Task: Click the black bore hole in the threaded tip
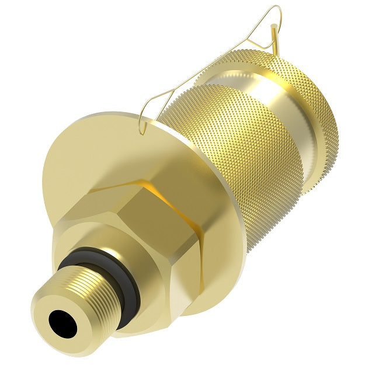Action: pos(62,323)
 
